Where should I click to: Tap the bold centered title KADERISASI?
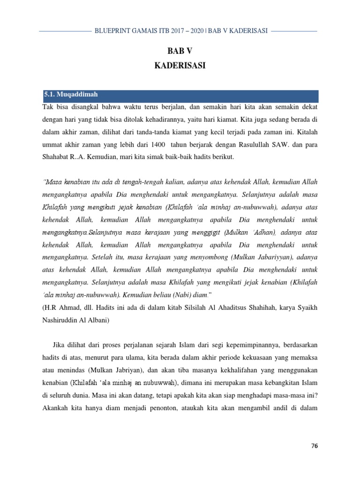click(x=180, y=66)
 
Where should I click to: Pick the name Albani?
click(x=97, y=321)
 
